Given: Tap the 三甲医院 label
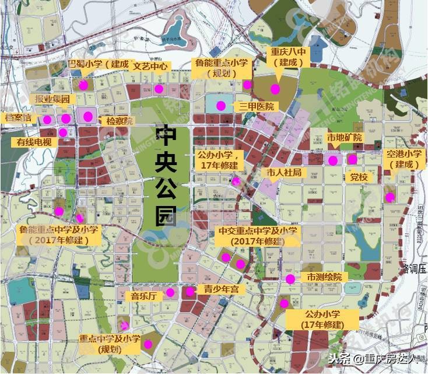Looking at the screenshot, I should [x=256, y=106].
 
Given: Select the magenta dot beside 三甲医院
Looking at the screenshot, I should [x=221, y=106].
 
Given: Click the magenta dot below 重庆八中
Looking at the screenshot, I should [x=275, y=89].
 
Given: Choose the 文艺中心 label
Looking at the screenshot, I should [x=150, y=66].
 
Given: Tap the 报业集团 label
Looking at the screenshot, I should [x=52, y=99].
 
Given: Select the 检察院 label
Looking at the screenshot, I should [x=120, y=121].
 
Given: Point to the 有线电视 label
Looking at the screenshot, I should [x=34, y=142].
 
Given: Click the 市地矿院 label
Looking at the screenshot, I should [x=345, y=138].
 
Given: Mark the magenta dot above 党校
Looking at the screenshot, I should [x=352, y=159].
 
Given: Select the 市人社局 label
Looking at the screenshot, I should [x=285, y=173].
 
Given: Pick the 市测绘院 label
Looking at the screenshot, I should [x=321, y=277].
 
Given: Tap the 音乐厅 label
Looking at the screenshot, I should [x=143, y=296].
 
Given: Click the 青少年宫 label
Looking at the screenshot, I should [x=217, y=289].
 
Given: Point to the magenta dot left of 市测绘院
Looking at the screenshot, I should [x=290, y=279].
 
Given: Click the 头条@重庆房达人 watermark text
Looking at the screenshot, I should [x=373, y=358].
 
